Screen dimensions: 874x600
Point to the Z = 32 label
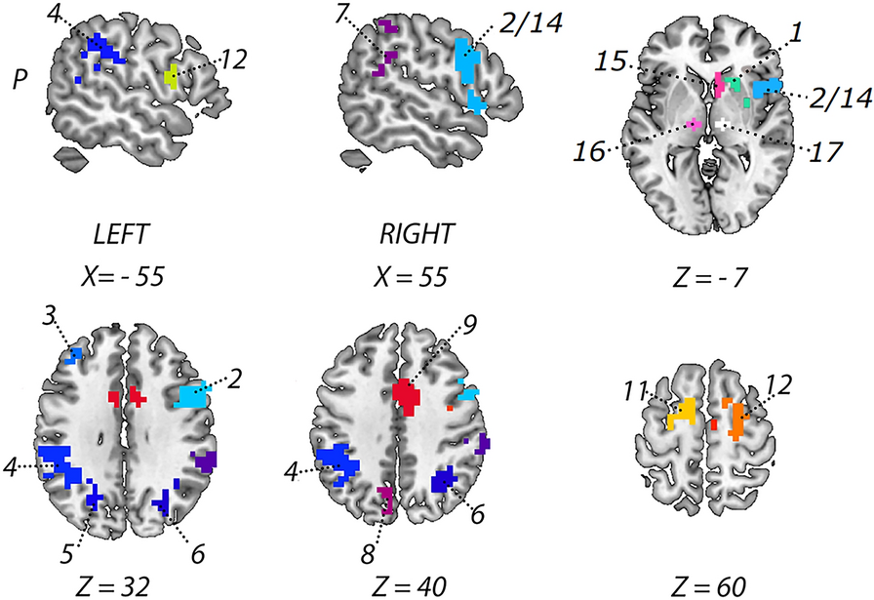[x=124, y=585]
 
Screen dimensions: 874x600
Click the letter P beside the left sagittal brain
[x=20, y=79]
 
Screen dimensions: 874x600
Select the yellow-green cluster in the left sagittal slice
[x=171, y=74]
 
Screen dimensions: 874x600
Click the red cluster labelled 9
[x=407, y=394]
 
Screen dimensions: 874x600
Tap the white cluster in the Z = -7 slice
[x=723, y=125]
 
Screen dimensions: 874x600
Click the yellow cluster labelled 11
[x=682, y=414]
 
